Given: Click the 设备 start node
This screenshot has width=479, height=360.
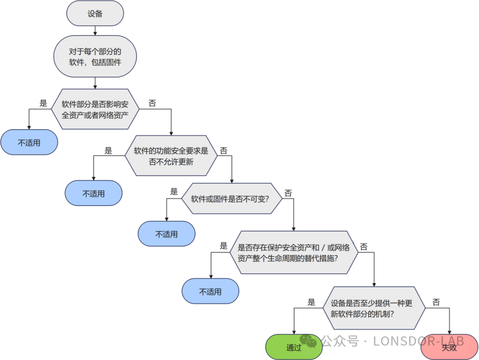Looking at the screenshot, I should click(95, 13).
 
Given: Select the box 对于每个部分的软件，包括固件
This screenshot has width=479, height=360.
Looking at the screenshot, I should click(95, 57).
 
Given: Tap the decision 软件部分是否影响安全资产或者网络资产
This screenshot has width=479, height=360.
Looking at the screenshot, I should click(99, 110).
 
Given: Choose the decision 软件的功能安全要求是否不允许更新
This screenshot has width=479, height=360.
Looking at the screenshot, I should click(171, 156).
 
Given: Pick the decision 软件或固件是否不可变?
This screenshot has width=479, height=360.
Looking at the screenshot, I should click(233, 198).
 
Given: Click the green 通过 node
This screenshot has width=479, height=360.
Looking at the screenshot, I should click(294, 347).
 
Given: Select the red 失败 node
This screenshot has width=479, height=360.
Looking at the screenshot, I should click(450, 347).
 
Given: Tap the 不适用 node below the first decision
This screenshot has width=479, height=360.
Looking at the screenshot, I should click(29, 142).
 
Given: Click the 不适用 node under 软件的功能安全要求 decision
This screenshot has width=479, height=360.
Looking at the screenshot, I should click(93, 193).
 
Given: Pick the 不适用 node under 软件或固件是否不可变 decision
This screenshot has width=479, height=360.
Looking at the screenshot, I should click(166, 234).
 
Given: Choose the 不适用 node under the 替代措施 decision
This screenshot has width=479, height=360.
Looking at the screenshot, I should click(211, 291).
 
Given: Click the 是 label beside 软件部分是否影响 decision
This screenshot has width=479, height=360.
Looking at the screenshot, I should click(43, 103).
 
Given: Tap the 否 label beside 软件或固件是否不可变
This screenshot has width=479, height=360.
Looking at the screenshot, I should click(288, 192).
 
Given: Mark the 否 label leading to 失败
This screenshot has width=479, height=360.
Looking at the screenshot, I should click(436, 302).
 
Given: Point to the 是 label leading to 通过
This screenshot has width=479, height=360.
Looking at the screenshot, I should click(311, 302).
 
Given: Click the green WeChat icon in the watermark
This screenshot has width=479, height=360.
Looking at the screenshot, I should click(308, 341).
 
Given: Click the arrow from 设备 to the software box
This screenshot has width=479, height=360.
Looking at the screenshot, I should click(95, 31).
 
